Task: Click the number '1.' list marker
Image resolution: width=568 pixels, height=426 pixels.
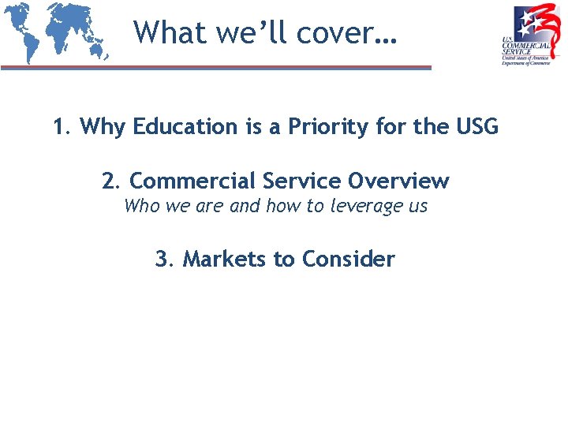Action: coord(62,126)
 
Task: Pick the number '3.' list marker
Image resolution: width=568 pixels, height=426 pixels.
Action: coord(164,259)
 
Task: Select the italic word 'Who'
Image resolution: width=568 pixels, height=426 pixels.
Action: coord(141,207)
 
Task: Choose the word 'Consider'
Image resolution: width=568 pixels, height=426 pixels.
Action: coord(349,259)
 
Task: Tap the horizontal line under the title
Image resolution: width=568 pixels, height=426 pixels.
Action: coord(216,68)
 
